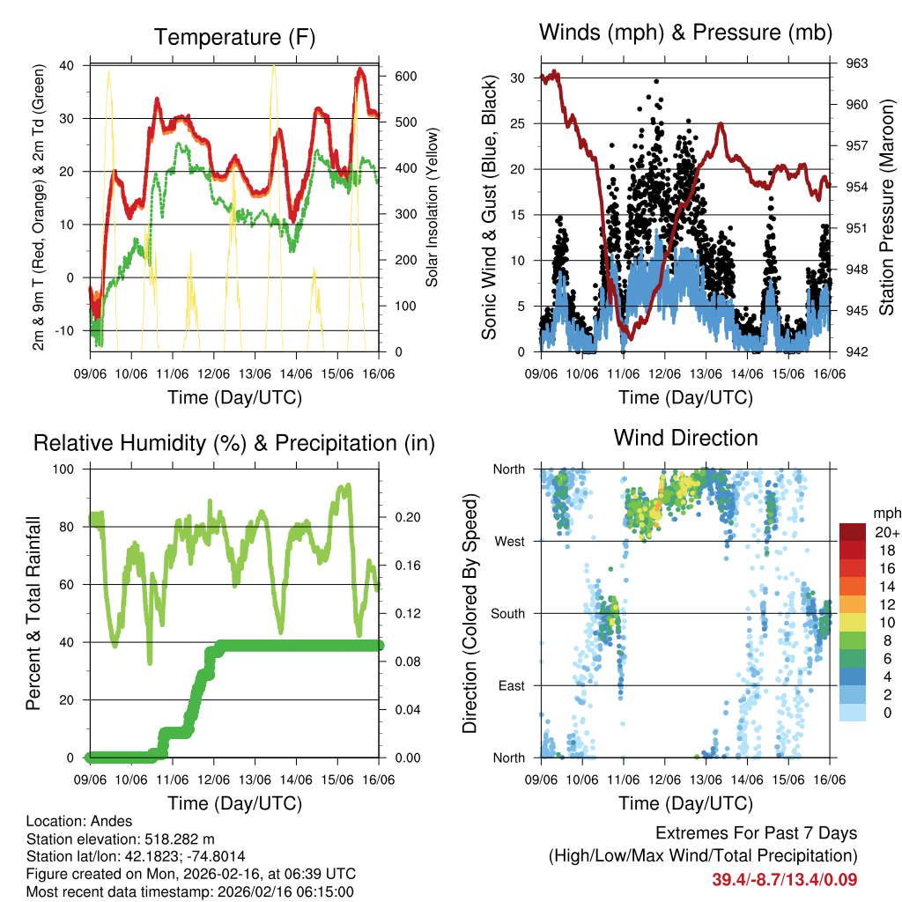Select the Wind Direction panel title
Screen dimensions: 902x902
pos(685,438)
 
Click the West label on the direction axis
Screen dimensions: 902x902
pos(510,541)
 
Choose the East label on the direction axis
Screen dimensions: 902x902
pos(512,685)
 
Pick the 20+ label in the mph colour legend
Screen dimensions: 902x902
pos(886,532)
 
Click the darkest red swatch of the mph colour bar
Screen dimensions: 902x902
pos(853,532)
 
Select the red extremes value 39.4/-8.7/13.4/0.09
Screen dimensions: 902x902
pos(784,879)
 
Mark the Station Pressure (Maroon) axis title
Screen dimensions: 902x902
pos(886,208)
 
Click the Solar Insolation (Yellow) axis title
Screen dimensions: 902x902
pos(433,208)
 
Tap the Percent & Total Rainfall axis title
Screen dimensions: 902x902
pos(33,613)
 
